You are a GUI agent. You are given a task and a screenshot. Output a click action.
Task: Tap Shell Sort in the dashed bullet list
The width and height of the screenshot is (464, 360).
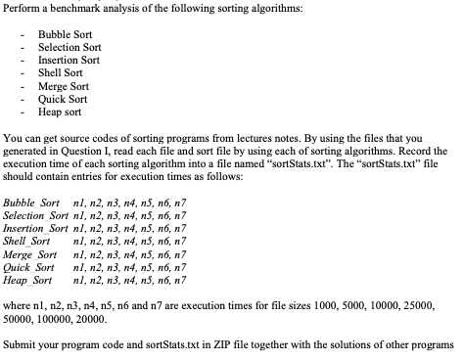59,72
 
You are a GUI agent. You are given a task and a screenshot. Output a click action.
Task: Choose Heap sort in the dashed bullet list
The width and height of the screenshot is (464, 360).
58,111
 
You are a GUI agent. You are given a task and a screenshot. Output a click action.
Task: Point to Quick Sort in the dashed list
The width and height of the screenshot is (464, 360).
60,98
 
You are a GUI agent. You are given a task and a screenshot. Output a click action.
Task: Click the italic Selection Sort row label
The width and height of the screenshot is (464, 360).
35,214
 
